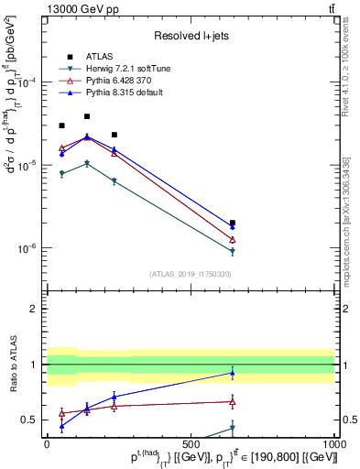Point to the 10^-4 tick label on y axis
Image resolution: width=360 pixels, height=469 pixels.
pyautogui.click(x=28, y=82)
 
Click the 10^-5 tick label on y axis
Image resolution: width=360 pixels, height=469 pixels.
pyautogui.click(x=28, y=165)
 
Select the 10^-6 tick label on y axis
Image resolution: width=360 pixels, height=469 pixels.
pyautogui.click(x=28, y=248)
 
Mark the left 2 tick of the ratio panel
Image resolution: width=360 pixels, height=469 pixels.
pyautogui.click(x=33, y=309)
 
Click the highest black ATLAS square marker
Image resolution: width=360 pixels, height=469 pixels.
pyautogui.click(x=87, y=116)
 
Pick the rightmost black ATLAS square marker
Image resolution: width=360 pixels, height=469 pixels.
pyautogui.click(x=233, y=223)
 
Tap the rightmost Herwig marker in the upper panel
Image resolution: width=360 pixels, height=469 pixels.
pyautogui.click(x=233, y=251)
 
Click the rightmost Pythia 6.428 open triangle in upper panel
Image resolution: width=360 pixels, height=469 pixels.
pyautogui.click(x=233, y=239)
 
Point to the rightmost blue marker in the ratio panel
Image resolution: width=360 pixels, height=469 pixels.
pyautogui.click(x=233, y=373)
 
